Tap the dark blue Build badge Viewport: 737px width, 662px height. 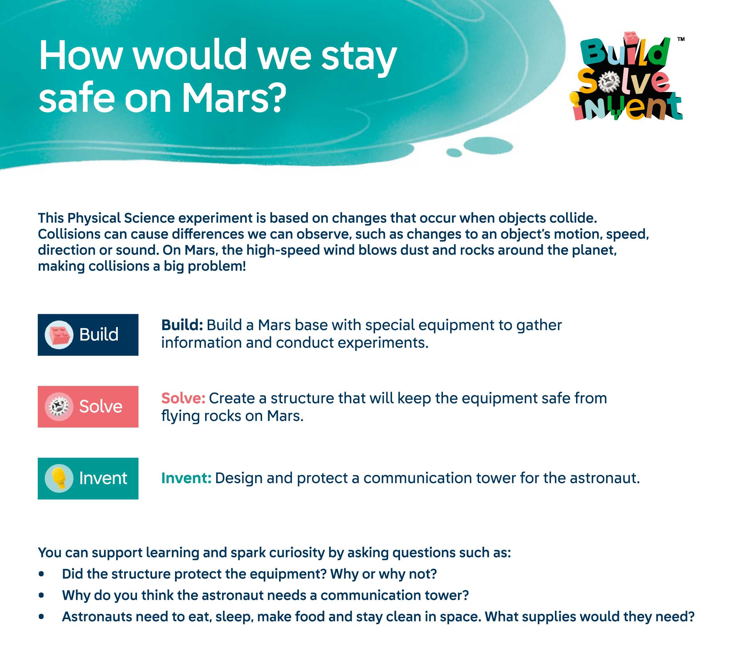(88, 335)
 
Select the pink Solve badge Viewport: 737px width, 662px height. (88, 407)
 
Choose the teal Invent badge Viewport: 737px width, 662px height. (88, 478)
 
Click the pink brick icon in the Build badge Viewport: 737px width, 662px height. (59, 335)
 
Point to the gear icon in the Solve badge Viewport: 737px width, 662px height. (59, 407)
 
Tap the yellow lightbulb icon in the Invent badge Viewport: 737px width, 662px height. (59, 478)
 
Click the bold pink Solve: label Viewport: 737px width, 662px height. (183, 398)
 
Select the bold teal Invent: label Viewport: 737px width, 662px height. (186, 478)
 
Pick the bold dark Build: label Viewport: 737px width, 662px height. (182, 325)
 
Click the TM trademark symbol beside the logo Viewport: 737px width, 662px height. (681, 39)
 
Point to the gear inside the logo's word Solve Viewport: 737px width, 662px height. (609, 81)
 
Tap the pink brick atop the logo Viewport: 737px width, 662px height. (632, 39)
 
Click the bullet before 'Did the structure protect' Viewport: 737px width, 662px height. (41, 574)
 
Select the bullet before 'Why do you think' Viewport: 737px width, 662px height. (41, 595)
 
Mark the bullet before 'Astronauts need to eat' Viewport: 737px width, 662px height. (41, 617)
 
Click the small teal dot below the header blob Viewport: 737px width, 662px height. (454, 152)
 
